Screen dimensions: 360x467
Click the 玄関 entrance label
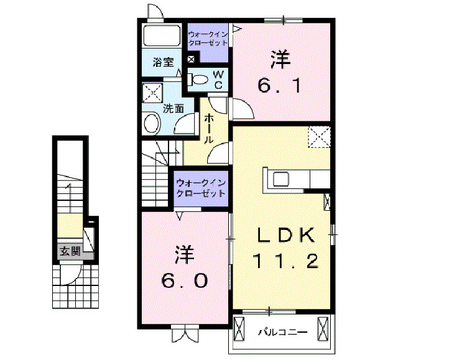[70, 252]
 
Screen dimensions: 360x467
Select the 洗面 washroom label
[173, 108]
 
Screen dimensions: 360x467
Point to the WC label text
[218, 79]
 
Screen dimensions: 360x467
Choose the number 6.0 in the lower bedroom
[185, 280]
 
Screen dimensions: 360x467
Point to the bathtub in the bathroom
[162, 36]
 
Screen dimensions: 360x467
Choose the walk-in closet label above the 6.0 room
[200, 189]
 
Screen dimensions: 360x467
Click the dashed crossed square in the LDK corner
[320, 137]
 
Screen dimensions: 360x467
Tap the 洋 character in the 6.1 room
[280, 60]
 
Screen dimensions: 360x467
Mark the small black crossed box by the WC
[191, 60]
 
